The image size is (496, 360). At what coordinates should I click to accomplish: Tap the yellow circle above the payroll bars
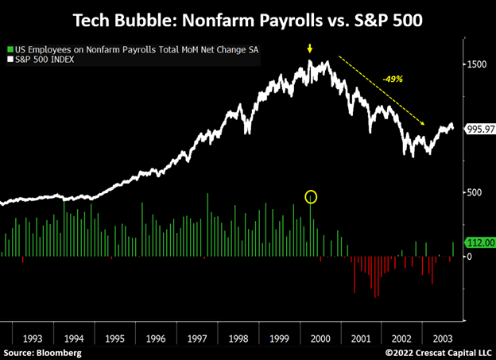coord(311,196)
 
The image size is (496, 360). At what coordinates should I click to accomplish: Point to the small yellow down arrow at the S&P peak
coord(310,51)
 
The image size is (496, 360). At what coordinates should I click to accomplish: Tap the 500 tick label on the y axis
coord(473,192)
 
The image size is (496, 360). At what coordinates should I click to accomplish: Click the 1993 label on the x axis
coord(33,339)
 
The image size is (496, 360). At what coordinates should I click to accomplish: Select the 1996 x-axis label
coord(156,339)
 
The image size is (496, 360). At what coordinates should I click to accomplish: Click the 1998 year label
coord(237,339)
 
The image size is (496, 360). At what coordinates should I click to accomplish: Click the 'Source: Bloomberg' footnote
coord(37,352)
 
